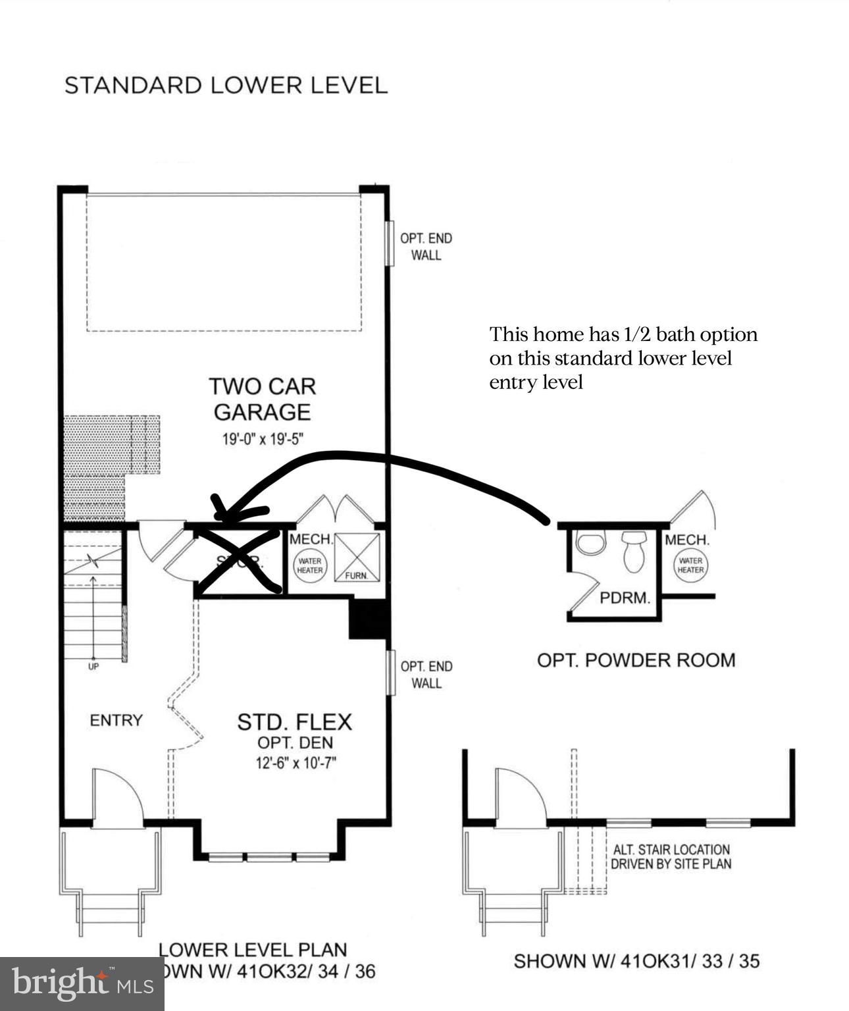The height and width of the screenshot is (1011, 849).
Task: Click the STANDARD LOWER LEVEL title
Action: (226, 86)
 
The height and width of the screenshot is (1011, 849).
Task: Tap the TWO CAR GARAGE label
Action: (262, 399)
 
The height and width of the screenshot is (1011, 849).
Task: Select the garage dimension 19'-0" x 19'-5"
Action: (262, 439)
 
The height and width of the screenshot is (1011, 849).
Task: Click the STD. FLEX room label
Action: (294, 722)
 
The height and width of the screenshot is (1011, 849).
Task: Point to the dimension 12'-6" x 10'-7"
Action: (301, 764)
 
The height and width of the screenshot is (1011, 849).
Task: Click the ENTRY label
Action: (116, 721)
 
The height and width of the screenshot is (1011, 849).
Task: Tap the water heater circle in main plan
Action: (309, 565)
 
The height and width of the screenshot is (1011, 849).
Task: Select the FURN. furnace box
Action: (358, 557)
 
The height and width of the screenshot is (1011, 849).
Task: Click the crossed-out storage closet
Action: (240, 561)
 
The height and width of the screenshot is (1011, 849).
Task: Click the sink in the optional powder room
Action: (590, 544)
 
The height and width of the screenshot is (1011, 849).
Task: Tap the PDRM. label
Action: (625, 598)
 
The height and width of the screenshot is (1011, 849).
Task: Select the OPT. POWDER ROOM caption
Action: (636, 660)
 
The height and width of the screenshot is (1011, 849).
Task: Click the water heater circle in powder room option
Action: (690, 565)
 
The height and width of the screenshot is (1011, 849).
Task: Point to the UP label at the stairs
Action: (93, 666)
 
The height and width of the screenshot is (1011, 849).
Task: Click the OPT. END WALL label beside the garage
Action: (426, 247)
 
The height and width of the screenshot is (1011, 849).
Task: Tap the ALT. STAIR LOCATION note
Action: (671, 857)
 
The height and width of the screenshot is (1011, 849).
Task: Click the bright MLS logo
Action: (82, 984)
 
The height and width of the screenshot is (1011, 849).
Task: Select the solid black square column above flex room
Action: (369, 619)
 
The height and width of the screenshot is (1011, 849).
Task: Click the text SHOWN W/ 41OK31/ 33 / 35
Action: (636, 961)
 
